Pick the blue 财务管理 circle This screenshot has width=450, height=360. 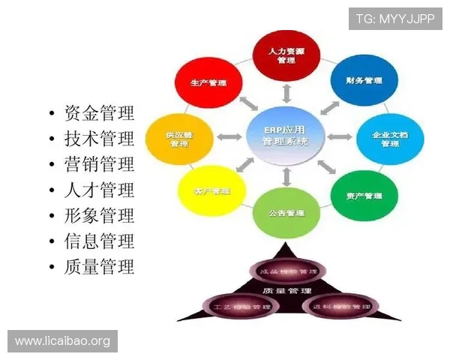point(364,79)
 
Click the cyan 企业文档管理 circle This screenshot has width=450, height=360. point(389,138)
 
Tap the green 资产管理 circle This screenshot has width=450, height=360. point(364,196)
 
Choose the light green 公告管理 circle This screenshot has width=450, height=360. point(286,213)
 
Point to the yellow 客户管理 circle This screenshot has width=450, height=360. point(210,191)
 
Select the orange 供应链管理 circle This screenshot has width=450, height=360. point(178,138)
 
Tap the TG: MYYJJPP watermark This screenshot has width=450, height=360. point(395,18)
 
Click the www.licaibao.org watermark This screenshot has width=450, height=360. point(63,341)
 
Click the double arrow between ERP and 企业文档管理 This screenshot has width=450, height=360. point(339,137)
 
